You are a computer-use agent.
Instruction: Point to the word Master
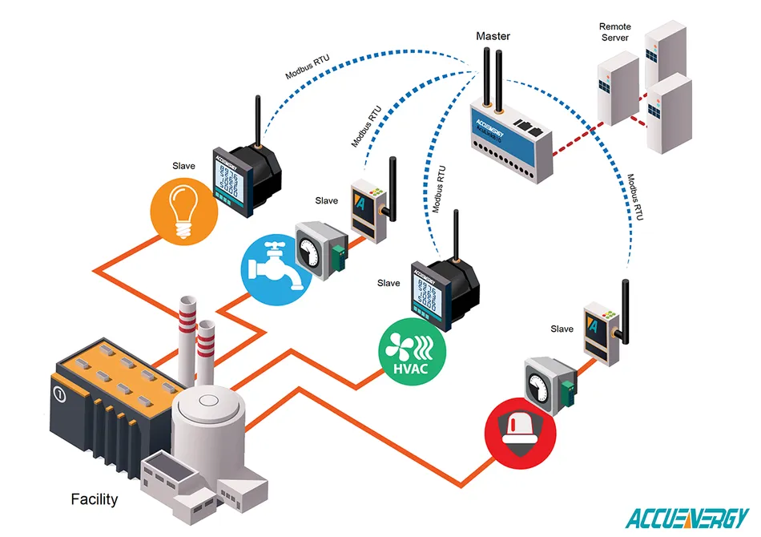tap(493, 36)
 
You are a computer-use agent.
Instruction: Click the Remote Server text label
tap(615, 32)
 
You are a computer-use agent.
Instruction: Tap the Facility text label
tap(94, 499)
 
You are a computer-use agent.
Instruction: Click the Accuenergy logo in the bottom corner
tap(687, 517)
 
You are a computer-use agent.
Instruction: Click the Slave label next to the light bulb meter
tap(184, 166)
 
